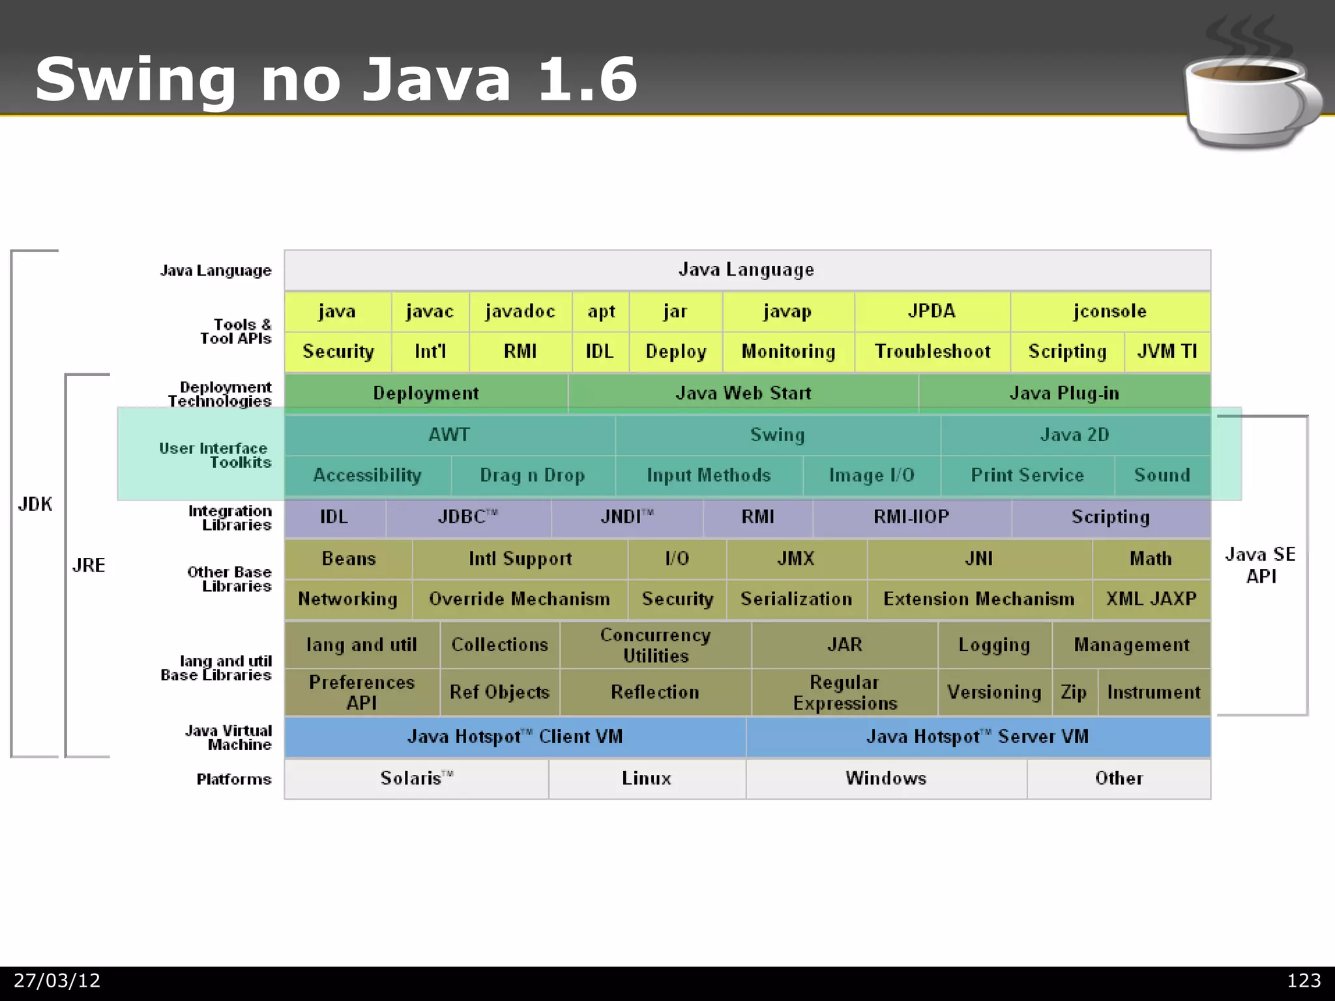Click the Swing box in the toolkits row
point(777,435)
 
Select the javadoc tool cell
point(520,312)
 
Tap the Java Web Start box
point(743,393)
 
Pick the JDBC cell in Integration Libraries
point(467,517)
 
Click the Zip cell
point(1074,692)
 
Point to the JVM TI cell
point(1167,352)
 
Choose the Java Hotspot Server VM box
point(977,737)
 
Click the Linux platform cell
point(646,778)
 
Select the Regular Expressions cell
point(845,692)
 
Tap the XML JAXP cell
point(1151,599)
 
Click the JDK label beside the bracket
point(35,504)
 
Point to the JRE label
point(89,565)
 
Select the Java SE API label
point(1260,565)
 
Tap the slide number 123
point(1303,981)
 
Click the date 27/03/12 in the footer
point(57,981)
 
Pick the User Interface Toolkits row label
point(215,455)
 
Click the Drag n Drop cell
point(532,476)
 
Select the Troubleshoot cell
point(932,352)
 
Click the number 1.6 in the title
point(587,80)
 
